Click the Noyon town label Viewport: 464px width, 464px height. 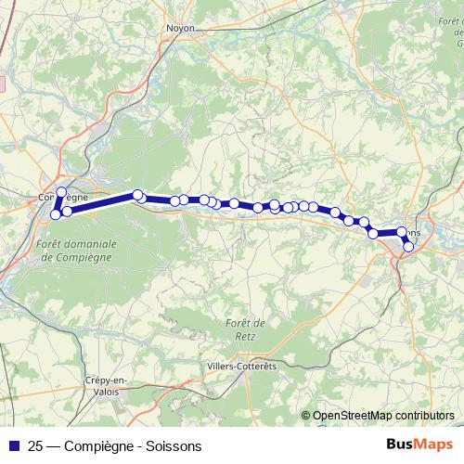tap(180, 28)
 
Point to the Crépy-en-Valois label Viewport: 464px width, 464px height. tap(105, 385)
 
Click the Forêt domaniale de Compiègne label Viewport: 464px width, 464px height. tap(79, 251)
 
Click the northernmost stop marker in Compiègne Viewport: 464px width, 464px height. tap(61, 192)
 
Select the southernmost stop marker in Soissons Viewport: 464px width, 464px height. tap(408, 246)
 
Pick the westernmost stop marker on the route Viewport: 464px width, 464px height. tap(55, 214)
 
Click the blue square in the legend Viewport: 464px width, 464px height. tap(14, 445)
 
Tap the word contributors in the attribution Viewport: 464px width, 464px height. tap(426, 416)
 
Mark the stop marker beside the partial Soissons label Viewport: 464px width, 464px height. tap(402, 232)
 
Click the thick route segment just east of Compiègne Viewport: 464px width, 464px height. tap(102, 201)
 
